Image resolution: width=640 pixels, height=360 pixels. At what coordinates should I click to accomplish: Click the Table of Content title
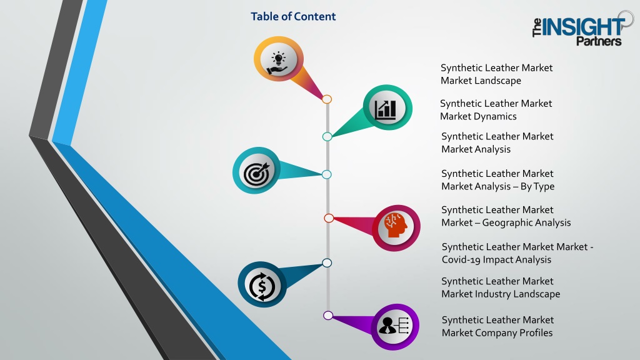(293, 16)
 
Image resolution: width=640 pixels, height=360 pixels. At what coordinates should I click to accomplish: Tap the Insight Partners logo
(583, 29)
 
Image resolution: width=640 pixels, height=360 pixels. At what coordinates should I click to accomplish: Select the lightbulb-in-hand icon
(278, 64)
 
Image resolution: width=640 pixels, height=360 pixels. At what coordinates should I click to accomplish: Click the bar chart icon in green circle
(386, 109)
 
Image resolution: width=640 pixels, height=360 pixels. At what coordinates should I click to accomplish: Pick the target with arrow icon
(257, 173)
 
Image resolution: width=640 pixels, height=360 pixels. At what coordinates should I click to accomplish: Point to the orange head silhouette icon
(396, 225)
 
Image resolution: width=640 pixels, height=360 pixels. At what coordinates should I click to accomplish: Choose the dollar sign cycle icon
(262, 285)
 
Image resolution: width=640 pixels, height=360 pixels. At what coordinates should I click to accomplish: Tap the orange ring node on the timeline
(326, 99)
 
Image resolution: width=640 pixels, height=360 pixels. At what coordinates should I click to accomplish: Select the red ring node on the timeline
(329, 218)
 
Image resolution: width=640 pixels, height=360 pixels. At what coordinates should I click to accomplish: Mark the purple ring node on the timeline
(327, 315)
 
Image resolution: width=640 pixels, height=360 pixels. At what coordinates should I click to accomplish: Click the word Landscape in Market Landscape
(498, 81)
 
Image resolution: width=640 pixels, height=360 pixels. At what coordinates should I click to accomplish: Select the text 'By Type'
(537, 186)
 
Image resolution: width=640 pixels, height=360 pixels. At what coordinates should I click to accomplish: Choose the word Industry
(493, 294)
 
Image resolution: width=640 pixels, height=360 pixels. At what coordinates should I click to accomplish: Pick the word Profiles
(535, 332)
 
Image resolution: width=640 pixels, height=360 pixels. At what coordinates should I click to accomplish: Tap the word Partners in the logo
(599, 41)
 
